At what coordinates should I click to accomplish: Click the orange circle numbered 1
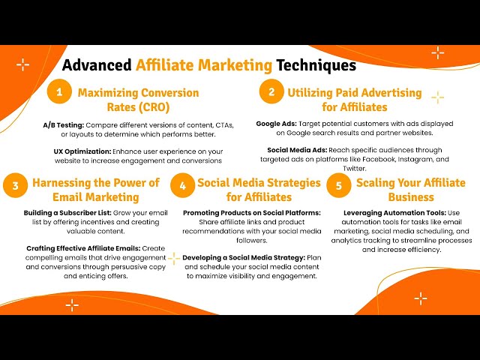pos(58,93)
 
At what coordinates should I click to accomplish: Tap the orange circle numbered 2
pos(270,93)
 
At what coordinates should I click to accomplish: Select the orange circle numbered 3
pos(15,184)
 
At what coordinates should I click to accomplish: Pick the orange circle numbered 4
pos(182,184)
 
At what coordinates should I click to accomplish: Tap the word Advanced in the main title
pos(97,65)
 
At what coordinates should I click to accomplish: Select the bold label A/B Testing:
pos(64,124)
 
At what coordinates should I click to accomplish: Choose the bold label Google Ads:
pos(277,122)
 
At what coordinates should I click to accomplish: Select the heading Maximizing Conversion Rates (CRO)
pos(138,100)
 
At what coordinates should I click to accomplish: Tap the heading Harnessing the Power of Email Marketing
pos(95,190)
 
